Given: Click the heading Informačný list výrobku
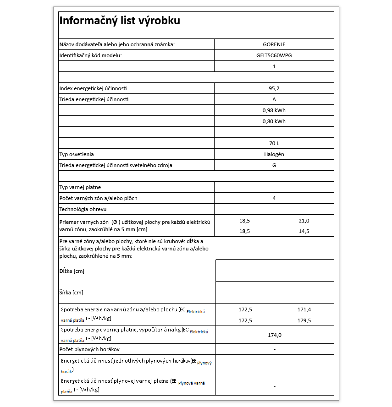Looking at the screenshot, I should (120, 21).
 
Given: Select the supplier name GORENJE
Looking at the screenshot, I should (274, 44).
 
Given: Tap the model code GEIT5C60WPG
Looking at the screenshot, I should (274, 55).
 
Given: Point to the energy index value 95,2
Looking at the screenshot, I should (274, 88).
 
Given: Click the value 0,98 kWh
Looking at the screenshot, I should (274, 110).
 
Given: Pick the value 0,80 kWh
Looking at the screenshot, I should (274, 121).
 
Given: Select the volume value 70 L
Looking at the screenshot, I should (274, 143).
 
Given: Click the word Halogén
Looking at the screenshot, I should (274, 154).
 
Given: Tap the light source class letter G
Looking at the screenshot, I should (274, 165).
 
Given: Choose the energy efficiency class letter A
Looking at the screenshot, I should (274, 99).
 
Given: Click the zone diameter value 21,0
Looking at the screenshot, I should (304, 220).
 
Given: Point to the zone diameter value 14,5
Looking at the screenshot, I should (304, 231).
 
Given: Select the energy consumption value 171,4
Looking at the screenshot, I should (304, 309).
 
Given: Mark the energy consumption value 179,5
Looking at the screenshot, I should (304, 320).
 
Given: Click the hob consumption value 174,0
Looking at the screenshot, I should (274, 335).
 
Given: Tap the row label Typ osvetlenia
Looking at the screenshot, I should (77, 154).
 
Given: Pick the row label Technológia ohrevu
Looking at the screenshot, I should (83, 209).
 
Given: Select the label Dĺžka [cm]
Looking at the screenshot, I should (72, 271).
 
